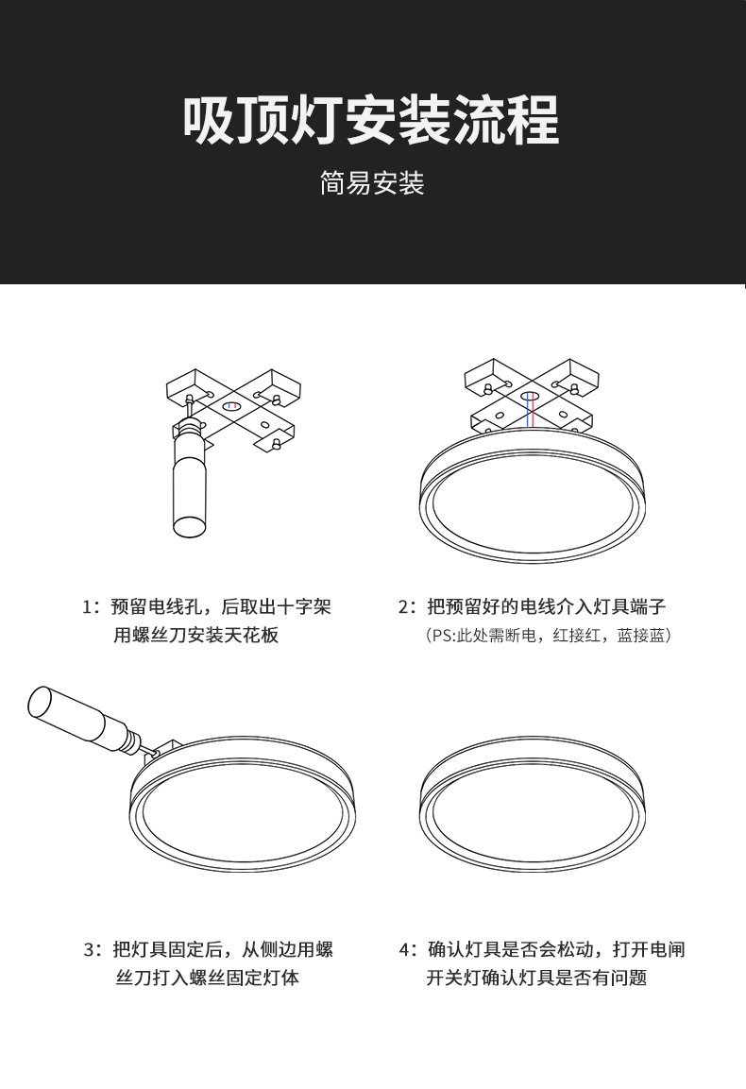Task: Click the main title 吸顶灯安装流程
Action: pos(372,121)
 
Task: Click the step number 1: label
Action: pos(92,607)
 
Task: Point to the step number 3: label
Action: pos(93,948)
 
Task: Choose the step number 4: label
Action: pos(409,948)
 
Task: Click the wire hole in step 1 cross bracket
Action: pos(230,405)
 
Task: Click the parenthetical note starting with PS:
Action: pos(548,636)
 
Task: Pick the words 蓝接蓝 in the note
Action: pos(640,636)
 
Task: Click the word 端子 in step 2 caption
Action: pos(648,607)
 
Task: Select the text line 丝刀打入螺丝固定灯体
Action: pos(207,978)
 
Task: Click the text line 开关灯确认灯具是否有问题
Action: pos(536,978)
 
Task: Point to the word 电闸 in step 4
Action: pos(667,948)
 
